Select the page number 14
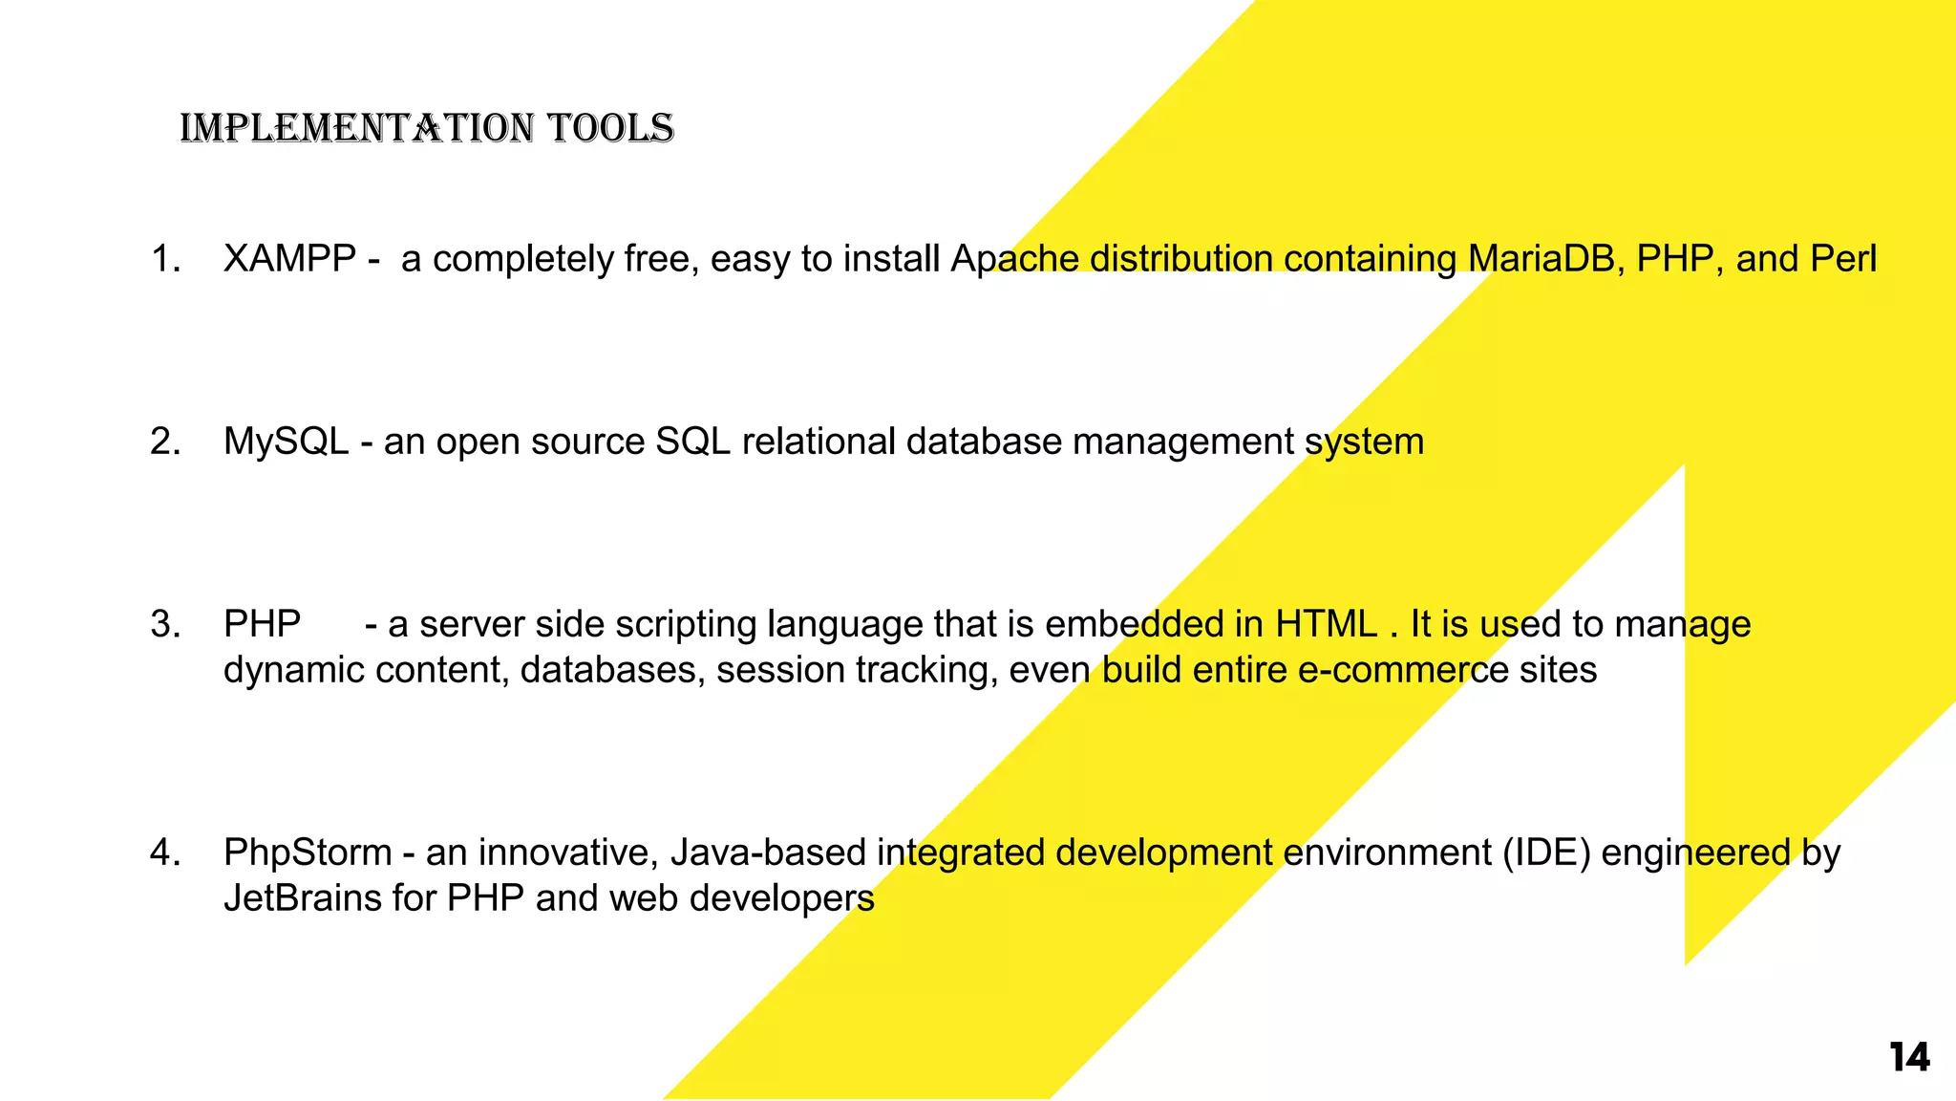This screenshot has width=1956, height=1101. pos(1909,1058)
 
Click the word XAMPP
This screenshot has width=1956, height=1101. pos(289,259)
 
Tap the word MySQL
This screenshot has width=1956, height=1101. pos(286,443)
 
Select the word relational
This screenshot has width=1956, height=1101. pos(819,442)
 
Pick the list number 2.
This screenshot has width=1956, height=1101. pos(165,442)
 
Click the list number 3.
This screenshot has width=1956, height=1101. pos(165,624)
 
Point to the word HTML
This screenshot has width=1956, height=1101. pos(1326,624)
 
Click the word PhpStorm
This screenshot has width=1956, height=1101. pos(308,853)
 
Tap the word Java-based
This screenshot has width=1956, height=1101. pos(768,853)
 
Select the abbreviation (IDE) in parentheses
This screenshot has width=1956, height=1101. pos(1546,853)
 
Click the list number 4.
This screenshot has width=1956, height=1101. pos(165,853)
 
